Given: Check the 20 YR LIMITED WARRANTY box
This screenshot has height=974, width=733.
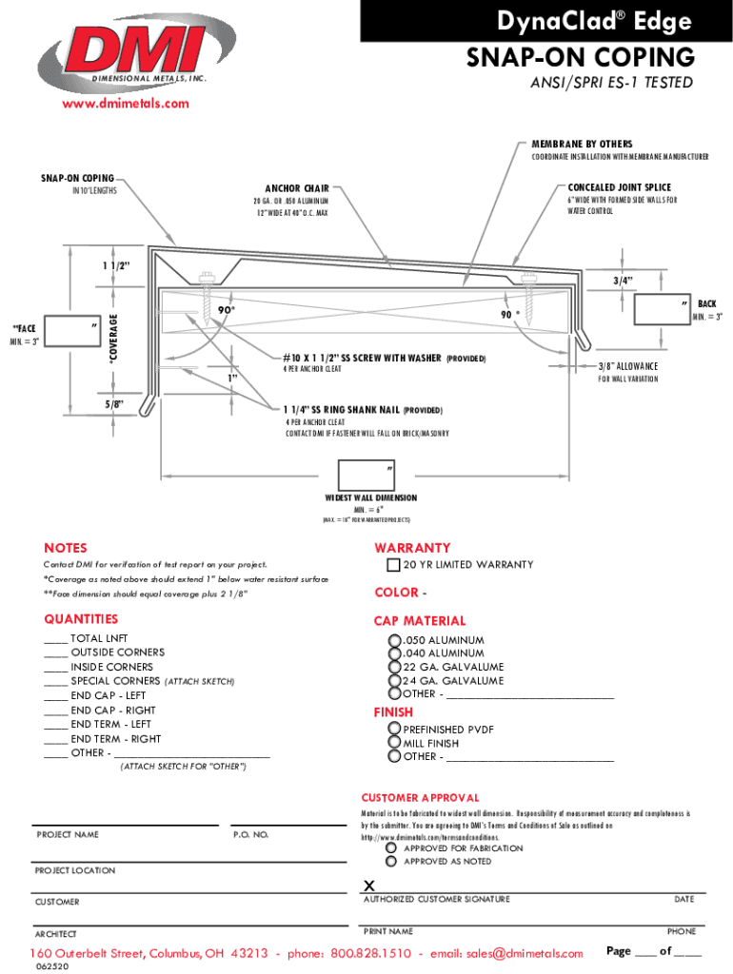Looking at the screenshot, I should click(x=393, y=565).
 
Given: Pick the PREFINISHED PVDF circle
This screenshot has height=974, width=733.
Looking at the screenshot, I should click(x=394, y=730).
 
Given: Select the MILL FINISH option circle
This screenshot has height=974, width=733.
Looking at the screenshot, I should click(x=394, y=743).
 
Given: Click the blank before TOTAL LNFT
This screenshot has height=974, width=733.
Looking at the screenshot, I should click(x=56, y=639).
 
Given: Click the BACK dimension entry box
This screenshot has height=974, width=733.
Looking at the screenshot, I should click(x=661, y=309).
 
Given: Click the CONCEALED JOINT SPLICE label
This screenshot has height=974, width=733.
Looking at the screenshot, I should click(x=619, y=188).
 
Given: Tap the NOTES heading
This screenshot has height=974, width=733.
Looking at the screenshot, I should click(x=66, y=548).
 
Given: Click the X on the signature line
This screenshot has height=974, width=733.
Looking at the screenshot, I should click(x=369, y=886).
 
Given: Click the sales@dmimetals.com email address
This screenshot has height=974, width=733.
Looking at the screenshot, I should click(x=522, y=953).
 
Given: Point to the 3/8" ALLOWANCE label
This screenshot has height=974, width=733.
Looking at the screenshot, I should click(x=627, y=366).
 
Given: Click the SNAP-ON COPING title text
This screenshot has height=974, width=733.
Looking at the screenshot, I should click(x=579, y=57).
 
